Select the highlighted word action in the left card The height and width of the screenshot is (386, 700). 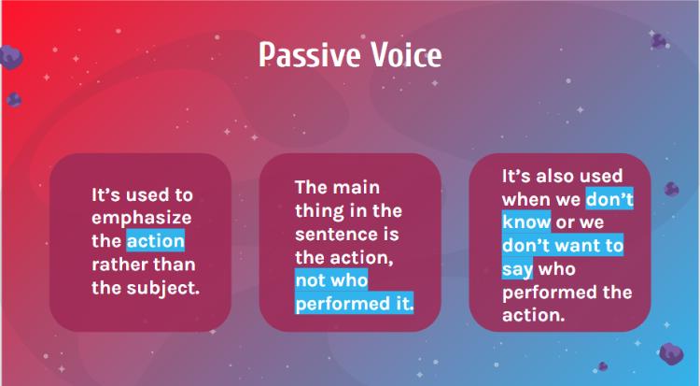tap(155, 241)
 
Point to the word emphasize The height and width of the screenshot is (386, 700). tap(142, 219)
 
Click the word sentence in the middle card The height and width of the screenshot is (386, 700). tap(334, 235)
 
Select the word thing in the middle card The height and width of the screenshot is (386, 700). tap(317, 211)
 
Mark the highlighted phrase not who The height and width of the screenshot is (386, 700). tap(331, 280)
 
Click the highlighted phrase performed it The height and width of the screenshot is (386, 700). tap(354, 304)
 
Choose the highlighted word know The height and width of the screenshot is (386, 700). tap(526, 222)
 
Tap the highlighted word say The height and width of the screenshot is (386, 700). tap(517, 269)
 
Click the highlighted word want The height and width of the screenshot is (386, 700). tap(576, 246)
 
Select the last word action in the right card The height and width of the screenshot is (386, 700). tap(534, 315)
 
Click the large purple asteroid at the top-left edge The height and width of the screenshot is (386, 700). tap(10, 58)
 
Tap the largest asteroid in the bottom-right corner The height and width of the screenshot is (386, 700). tap(671, 353)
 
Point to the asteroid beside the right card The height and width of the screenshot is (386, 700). tap(671, 189)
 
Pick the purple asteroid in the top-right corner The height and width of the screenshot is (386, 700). tap(659, 41)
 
